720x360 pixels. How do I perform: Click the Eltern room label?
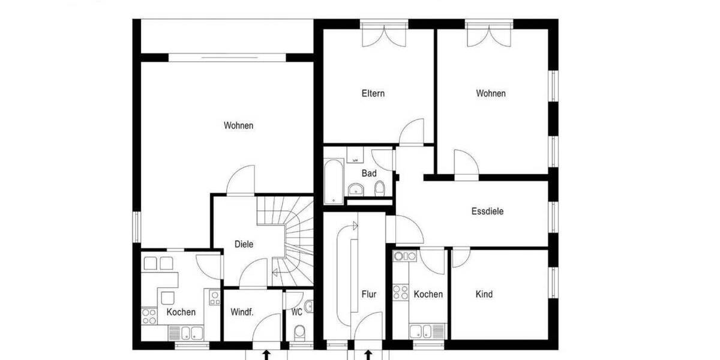[x=373, y=94]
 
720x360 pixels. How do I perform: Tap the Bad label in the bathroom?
[x=369, y=173]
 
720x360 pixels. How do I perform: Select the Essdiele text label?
[x=487, y=211]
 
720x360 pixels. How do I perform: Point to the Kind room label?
[x=484, y=294]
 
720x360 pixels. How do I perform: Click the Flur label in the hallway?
[x=369, y=294]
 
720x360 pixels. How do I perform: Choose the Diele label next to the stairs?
[x=244, y=244]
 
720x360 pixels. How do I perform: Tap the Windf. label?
[x=242, y=312]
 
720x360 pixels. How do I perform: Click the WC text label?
[x=296, y=312]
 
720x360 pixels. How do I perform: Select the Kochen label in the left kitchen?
[x=181, y=312]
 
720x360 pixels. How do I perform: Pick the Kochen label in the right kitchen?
[x=428, y=294]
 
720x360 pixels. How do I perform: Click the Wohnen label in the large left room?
[x=239, y=125]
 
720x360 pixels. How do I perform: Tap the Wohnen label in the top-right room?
[x=491, y=94]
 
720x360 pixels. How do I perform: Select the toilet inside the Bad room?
[x=379, y=190]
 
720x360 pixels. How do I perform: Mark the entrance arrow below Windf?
[x=266, y=355]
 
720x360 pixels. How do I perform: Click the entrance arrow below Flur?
[x=368, y=355]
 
